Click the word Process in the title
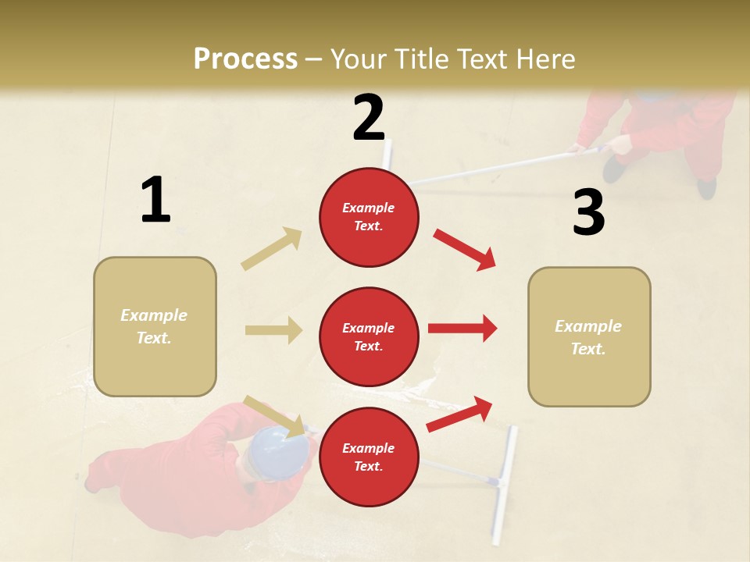(x=245, y=59)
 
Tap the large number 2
(x=369, y=118)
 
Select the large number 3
(x=588, y=213)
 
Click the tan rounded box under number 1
(x=155, y=326)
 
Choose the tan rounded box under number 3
(x=589, y=336)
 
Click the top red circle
(x=369, y=217)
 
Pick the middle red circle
(x=369, y=336)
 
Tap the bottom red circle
(x=369, y=457)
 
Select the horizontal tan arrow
(x=273, y=330)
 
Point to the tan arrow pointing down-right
(x=274, y=415)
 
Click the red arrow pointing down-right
(x=464, y=249)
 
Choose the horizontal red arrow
(x=462, y=329)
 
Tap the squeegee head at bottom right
(x=502, y=485)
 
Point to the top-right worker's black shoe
(x=706, y=187)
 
